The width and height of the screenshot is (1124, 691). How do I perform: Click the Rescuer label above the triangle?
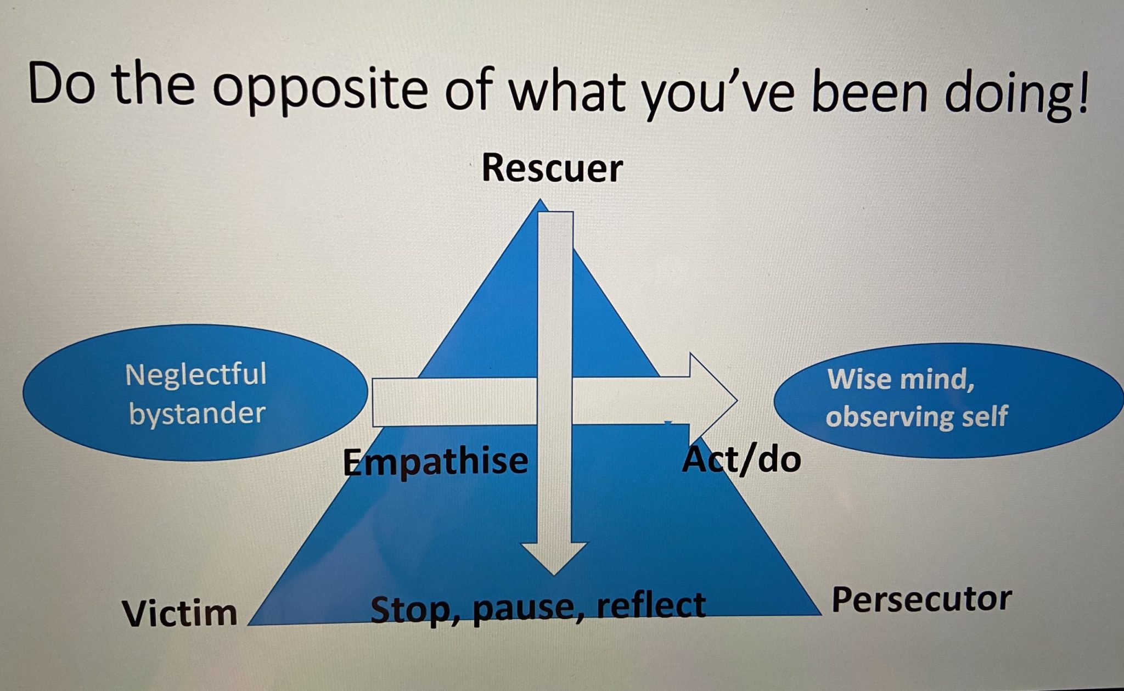(x=552, y=168)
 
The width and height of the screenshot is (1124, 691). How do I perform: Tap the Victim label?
(x=179, y=613)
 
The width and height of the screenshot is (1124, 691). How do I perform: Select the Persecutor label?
(x=921, y=599)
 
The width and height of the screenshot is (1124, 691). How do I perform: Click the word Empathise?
(x=435, y=461)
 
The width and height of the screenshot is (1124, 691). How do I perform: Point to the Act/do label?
(x=741, y=459)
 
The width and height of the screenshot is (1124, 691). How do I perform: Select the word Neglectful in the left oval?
(x=196, y=375)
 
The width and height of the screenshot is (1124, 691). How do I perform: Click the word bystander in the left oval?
(x=197, y=413)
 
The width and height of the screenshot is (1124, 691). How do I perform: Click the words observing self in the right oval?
(x=917, y=416)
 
